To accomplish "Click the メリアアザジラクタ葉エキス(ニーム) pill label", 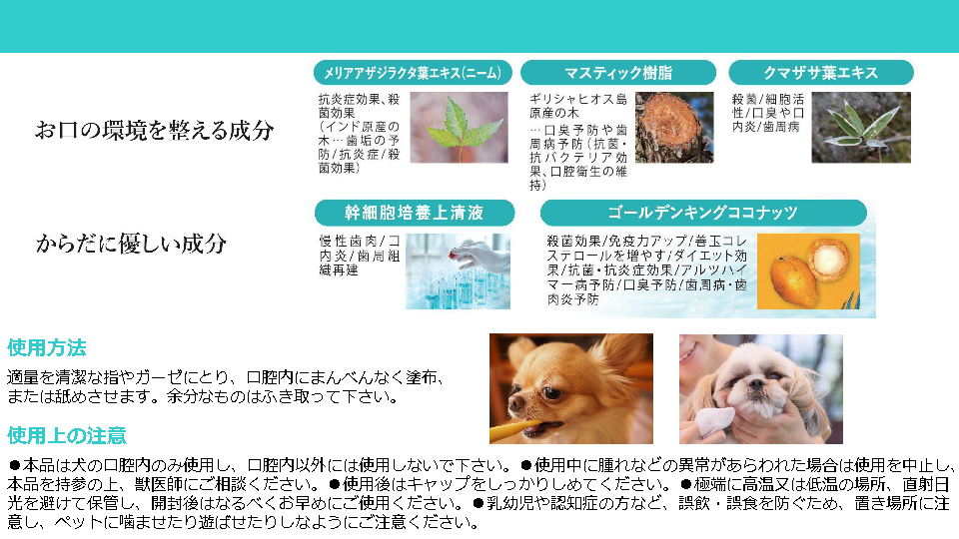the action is coord(413,73).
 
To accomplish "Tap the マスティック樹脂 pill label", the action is coord(618,73).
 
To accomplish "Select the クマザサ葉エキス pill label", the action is coord(821,73).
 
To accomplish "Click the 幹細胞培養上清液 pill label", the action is coord(415,213).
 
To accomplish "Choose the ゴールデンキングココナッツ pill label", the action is coord(703,213).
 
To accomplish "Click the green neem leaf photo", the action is coord(459,127).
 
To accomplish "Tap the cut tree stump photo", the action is coord(674,127).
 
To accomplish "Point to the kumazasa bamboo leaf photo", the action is coord(861,127).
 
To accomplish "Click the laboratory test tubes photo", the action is coord(458,271).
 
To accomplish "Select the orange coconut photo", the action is coord(808,271).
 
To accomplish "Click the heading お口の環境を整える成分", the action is coord(154,130).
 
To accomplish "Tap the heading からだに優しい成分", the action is coord(131,244).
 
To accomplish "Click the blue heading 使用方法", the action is coord(47,347).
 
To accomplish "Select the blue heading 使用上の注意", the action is coord(67,436).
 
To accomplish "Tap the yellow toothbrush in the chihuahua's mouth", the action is coord(513,429).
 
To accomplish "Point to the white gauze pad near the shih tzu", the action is coord(714,420).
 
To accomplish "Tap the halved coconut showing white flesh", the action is coord(828,260).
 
